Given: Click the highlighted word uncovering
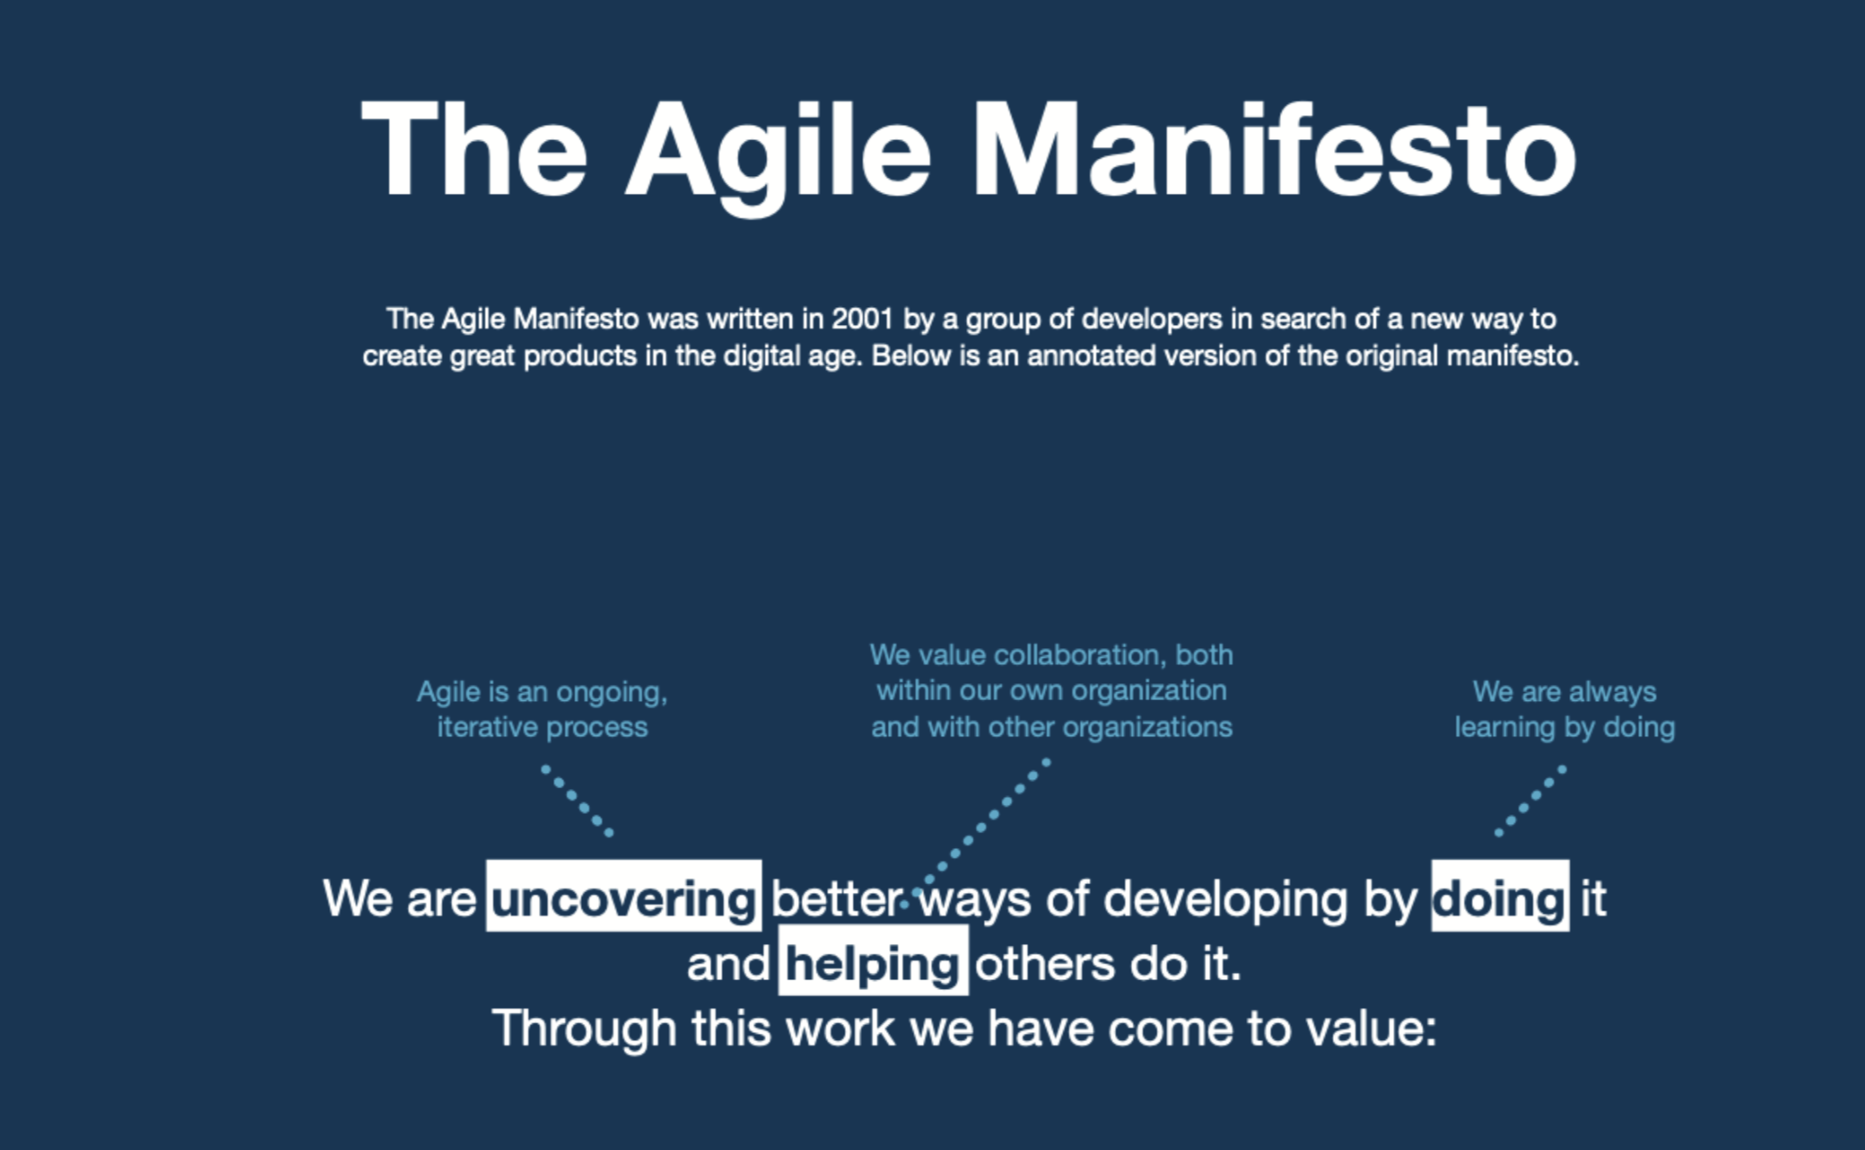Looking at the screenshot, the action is (623, 896).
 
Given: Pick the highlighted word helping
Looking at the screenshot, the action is (873, 961).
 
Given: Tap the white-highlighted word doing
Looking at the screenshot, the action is (1500, 896).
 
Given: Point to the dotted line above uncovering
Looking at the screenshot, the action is (577, 800).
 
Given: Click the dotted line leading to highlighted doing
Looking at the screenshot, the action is (1530, 800).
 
